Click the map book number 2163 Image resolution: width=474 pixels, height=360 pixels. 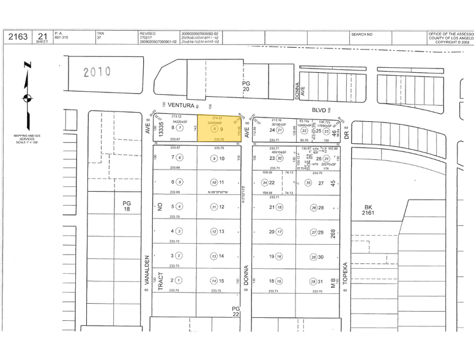18,37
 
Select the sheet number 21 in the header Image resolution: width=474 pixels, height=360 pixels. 43,35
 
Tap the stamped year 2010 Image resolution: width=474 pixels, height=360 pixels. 97,72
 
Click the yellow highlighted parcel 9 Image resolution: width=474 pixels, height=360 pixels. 218,129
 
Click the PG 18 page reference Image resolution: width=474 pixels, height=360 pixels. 127,206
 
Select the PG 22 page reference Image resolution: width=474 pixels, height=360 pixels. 236,311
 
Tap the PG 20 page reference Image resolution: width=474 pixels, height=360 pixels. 246,86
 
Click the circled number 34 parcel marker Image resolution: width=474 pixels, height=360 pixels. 265,182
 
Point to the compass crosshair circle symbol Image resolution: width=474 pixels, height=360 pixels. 26,98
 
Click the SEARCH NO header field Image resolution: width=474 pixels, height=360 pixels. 362,34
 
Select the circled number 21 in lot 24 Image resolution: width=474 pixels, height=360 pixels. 280,130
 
